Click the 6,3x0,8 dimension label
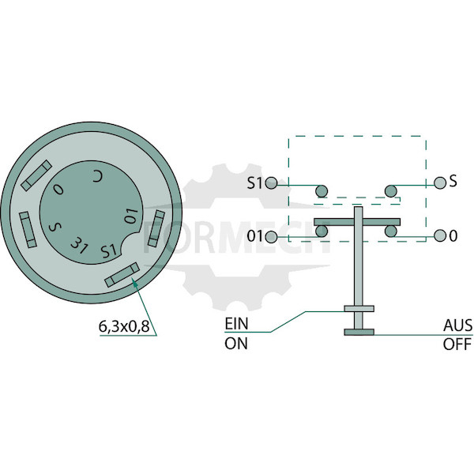coord(124,327)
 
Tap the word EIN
coord(236,324)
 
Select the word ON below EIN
coord(236,344)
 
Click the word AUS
coord(457,325)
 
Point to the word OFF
coord(457,344)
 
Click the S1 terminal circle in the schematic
coord(271,183)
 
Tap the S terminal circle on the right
coord(440,182)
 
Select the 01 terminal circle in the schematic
coord(271,237)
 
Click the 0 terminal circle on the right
coord(440,235)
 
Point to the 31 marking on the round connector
coord(79,245)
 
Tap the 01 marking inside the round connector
coord(132,216)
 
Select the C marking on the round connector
coord(98,176)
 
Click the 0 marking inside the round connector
coord(58,190)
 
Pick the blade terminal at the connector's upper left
coord(36,175)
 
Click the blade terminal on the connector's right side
coord(156,228)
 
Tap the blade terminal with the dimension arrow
coord(122,275)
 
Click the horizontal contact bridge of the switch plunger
coord(357,222)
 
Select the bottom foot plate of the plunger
coord(359,333)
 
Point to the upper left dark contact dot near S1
coord(322,191)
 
